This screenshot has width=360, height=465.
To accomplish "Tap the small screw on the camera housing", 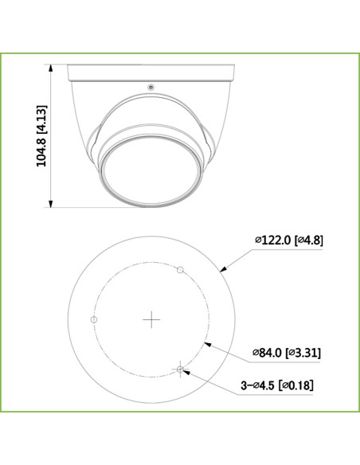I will pyautogui.click(x=149, y=87).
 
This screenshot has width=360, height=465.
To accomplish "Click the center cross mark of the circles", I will pyautogui.click(x=151, y=319).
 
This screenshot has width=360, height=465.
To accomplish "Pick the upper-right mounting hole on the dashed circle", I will pyautogui.click(x=181, y=270).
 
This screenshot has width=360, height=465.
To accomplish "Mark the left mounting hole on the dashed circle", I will pyautogui.click(x=94, y=319).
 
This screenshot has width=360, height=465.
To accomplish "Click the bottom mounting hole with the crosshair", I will pyautogui.click(x=181, y=369).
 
